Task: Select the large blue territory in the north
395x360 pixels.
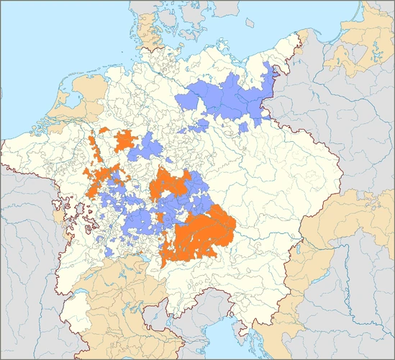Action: tap(230, 101)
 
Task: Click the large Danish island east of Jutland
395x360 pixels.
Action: tap(189, 29)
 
